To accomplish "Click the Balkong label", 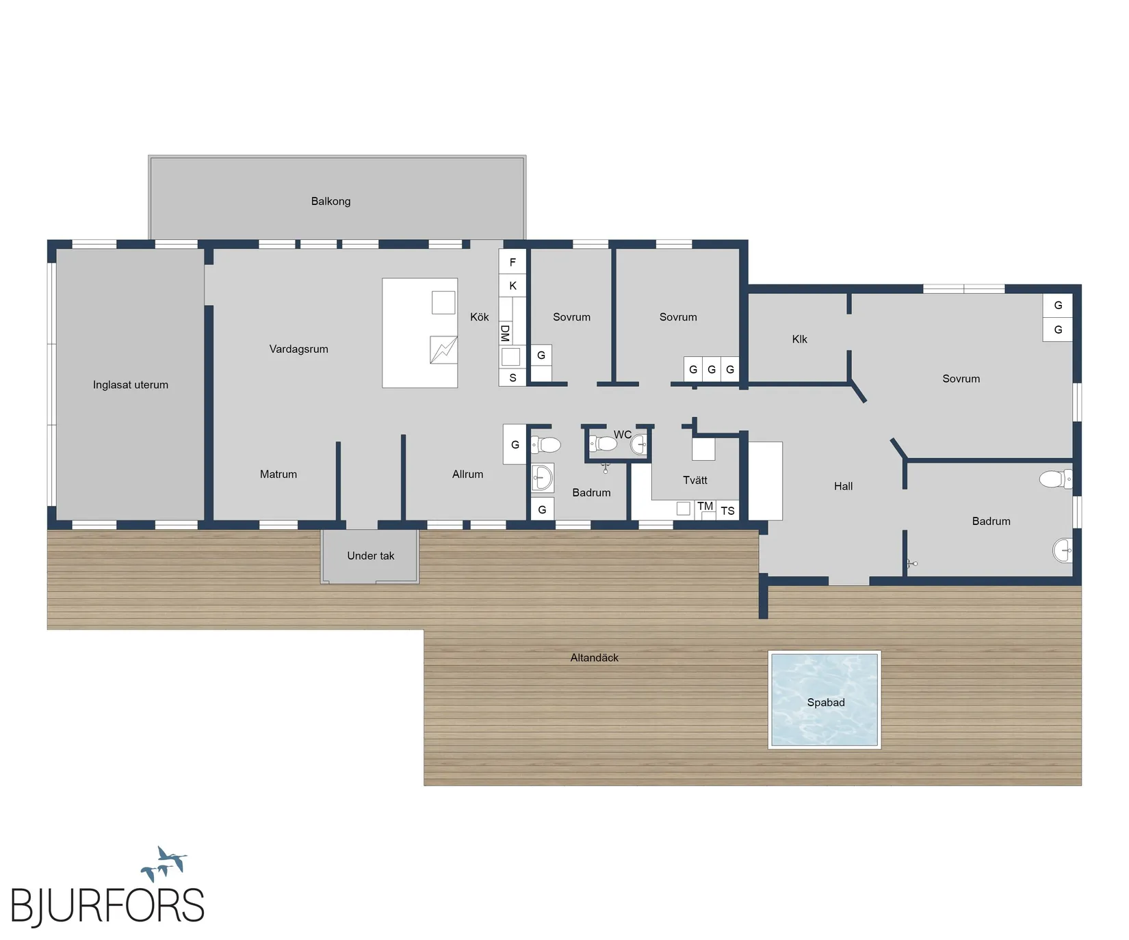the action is (x=330, y=201).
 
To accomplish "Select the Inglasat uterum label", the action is (x=131, y=385).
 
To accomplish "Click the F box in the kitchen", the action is (x=512, y=262).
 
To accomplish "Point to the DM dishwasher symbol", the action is (x=505, y=334).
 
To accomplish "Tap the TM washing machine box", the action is (x=705, y=507).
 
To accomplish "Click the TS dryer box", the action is (x=727, y=511).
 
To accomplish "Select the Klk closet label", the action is (x=799, y=339).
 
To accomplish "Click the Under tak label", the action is (x=370, y=556).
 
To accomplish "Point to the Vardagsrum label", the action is (x=298, y=349).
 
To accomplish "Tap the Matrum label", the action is (x=278, y=474).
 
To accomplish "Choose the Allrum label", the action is (x=467, y=474).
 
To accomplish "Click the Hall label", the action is (x=843, y=486).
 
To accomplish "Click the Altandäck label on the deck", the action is (x=595, y=658).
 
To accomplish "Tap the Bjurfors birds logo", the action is (x=164, y=863).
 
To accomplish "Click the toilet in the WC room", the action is (x=604, y=444).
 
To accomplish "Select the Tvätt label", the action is (x=695, y=481).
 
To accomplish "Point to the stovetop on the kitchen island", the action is (x=443, y=350).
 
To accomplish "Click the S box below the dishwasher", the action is (x=512, y=377).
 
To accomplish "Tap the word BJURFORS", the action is (x=107, y=906).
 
